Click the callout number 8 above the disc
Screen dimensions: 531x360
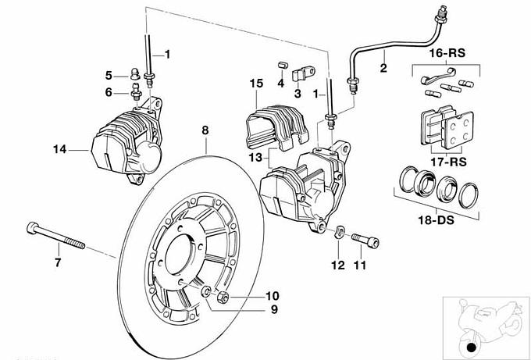(205, 130)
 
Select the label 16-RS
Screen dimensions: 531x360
(447, 53)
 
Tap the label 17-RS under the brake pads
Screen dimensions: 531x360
(448, 162)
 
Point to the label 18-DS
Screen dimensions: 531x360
(436, 220)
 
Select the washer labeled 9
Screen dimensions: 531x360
(206, 291)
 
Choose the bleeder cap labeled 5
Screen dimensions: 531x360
(135, 74)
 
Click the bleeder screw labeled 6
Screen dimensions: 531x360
(137, 92)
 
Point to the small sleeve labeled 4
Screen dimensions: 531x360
(282, 66)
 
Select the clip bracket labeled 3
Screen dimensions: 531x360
(303, 74)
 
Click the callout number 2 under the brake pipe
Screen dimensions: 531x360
(383, 68)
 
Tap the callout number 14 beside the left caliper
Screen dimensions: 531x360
(59, 149)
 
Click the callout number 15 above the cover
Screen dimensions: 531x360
(256, 84)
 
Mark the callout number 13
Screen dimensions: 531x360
(255, 157)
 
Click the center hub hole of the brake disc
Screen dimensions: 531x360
(179, 255)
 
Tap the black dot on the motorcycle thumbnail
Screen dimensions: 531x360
(471, 348)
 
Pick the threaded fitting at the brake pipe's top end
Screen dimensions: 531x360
(442, 16)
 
